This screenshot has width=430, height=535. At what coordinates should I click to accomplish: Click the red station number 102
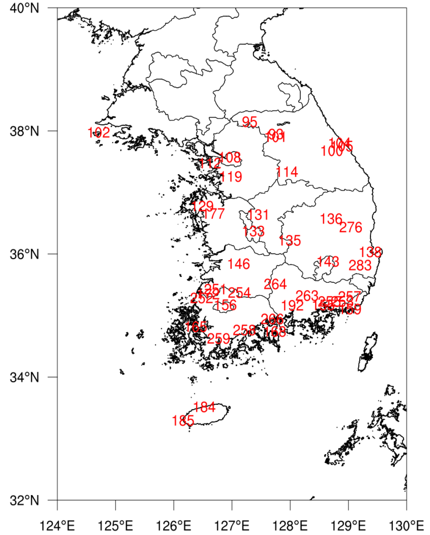tap(99, 133)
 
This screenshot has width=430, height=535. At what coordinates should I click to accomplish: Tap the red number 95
tap(249, 122)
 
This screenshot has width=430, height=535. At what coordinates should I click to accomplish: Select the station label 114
tap(287, 172)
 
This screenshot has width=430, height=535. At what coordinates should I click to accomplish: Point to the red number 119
tap(231, 177)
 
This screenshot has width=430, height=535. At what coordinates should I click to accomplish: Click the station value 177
tap(213, 214)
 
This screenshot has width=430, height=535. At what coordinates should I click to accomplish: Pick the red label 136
tap(331, 219)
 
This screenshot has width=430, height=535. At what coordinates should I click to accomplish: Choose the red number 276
tap(351, 227)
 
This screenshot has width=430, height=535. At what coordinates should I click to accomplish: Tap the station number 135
tap(290, 240)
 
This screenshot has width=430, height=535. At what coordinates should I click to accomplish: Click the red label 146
tap(239, 264)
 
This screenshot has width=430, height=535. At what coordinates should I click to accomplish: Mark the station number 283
tap(360, 266)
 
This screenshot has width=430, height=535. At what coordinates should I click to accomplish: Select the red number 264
tap(275, 284)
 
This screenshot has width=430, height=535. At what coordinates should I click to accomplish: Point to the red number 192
tap(292, 306)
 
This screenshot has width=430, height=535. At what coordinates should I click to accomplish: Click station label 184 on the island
tap(204, 407)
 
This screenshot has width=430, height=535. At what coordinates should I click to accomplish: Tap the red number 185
tap(183, 421)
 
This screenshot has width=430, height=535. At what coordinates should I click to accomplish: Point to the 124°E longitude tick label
tap(57, 525)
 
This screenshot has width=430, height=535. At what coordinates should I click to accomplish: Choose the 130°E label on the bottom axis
tap(406, 525)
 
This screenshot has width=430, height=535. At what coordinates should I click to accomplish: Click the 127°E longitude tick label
tap(232, 525)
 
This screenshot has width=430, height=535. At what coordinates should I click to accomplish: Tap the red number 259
tap(218, 339)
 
